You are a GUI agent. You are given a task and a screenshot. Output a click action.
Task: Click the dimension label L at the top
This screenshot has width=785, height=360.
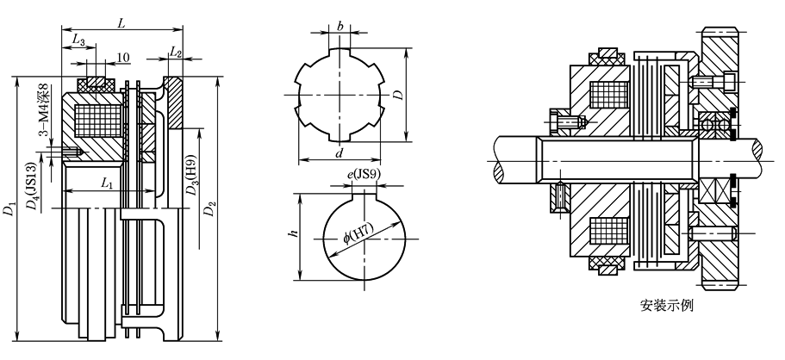coord(121,23)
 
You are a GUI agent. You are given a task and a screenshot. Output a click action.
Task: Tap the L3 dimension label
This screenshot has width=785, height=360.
coord(79,40)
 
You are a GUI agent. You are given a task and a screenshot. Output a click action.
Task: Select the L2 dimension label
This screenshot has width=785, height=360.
coord(176,51)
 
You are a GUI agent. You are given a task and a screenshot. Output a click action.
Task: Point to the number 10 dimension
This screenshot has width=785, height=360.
coord(123,58)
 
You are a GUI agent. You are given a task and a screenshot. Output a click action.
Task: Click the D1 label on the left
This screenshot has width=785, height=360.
coord(9,208)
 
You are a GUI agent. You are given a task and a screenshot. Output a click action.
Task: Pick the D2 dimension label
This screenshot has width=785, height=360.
coord(212,208)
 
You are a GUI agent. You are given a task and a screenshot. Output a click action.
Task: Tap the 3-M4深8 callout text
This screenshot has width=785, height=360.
coord(45,110)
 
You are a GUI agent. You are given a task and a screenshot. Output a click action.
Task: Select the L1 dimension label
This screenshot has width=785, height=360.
coord(107,184)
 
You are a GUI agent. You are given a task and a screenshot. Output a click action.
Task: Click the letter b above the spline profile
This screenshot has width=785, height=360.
coord(340,27)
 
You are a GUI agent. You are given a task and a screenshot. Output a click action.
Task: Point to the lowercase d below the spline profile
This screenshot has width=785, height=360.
coord(340,153)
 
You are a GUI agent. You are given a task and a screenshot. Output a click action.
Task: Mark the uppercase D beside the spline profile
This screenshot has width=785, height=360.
coord(398,95)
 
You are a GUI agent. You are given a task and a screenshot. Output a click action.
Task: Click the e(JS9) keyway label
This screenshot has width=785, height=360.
coord(364,175)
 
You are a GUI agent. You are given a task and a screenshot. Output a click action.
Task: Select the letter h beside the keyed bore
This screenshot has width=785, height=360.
coord(294,233)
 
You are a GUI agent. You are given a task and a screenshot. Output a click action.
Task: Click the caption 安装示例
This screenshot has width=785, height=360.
coord(666,306)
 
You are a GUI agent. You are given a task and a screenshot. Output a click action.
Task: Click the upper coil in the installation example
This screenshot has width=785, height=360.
coord(608,95)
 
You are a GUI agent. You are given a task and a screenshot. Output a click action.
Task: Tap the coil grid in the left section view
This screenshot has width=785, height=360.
coord(97,121)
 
